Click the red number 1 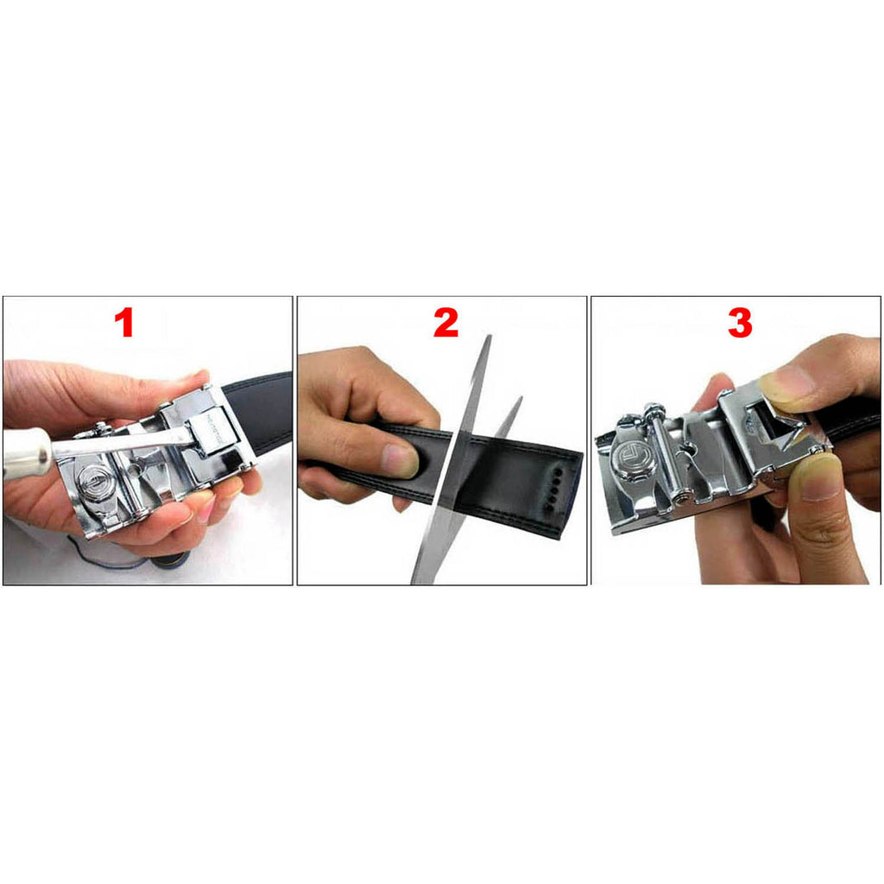point(124,323)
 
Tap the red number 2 point(445,323)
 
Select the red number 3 point(740,323)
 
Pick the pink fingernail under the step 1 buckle point(205,509)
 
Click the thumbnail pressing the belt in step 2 point(401,460)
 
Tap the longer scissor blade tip point(489,338)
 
